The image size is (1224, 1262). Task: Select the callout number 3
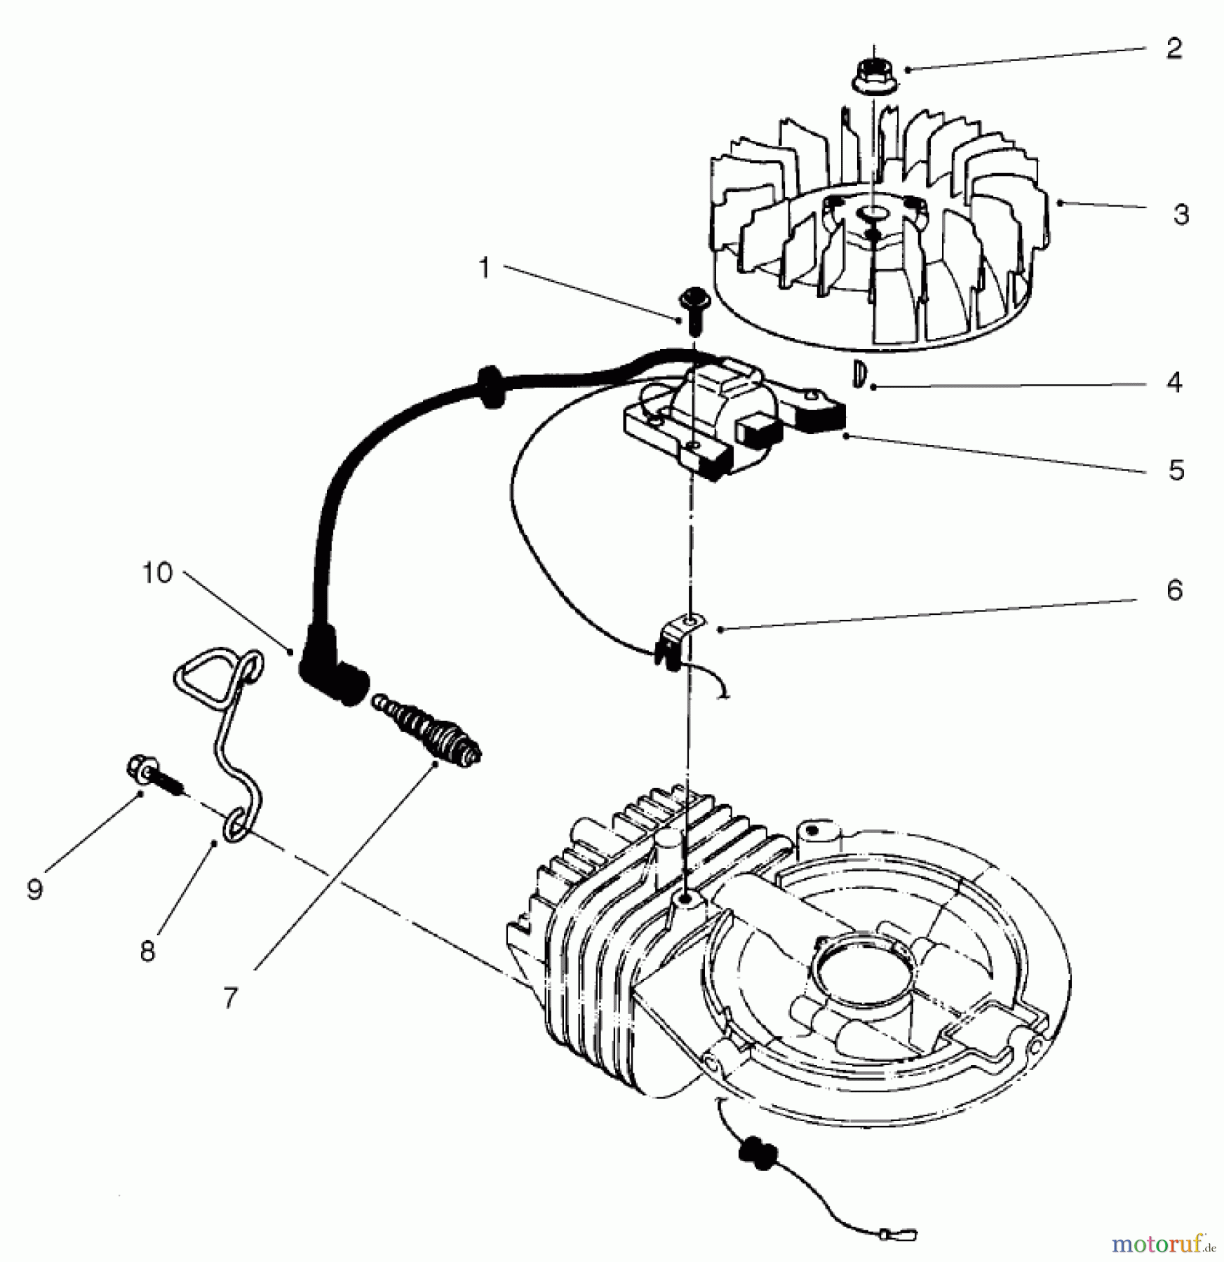(x=1181, y=215)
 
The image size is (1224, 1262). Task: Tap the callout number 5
(x=1176, y=470)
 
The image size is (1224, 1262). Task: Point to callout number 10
(x=157, y=573)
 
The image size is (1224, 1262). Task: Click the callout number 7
(x=231, y=998)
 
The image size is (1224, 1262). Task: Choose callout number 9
(x=34, y=889)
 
